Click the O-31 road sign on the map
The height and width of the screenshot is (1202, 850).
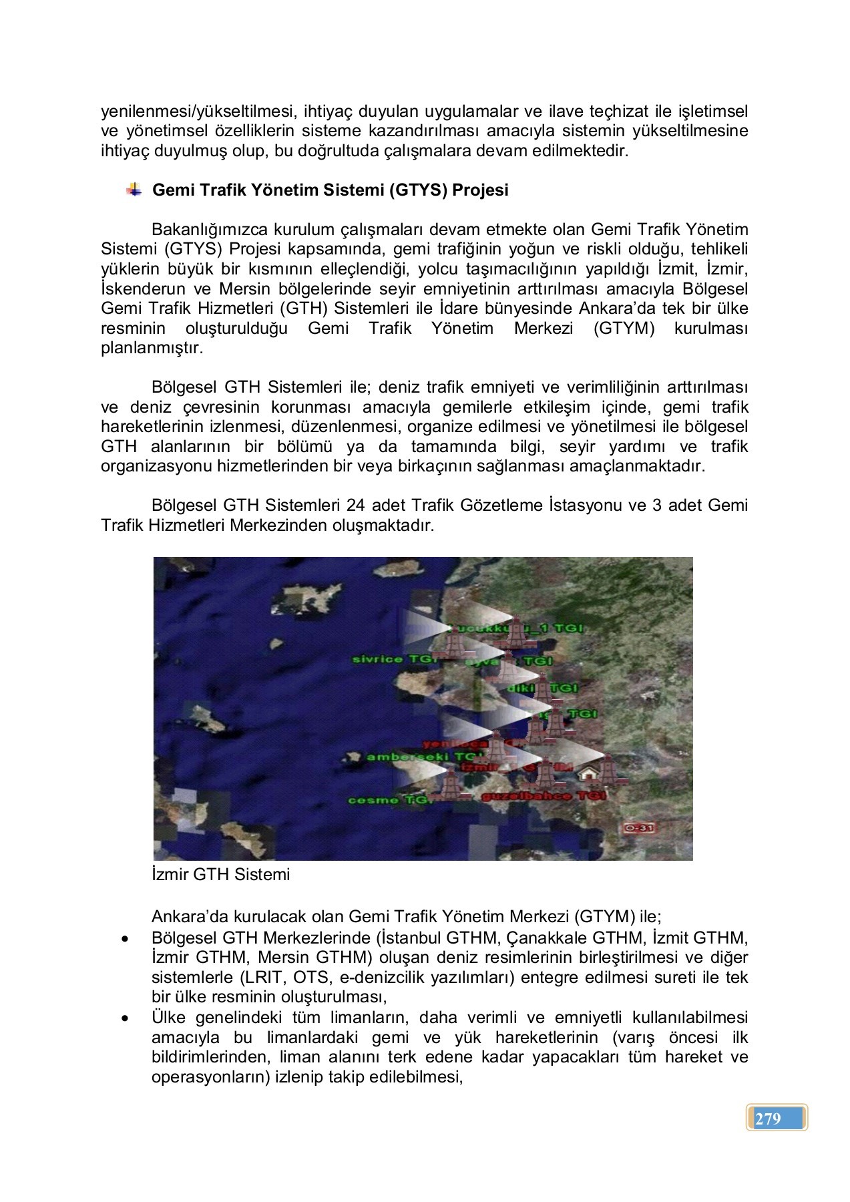[640, 829]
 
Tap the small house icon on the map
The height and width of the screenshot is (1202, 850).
[588, 773]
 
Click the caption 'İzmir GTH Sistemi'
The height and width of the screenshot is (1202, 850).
[220, 874]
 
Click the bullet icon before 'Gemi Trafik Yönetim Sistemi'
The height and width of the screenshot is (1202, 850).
[134, 190]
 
